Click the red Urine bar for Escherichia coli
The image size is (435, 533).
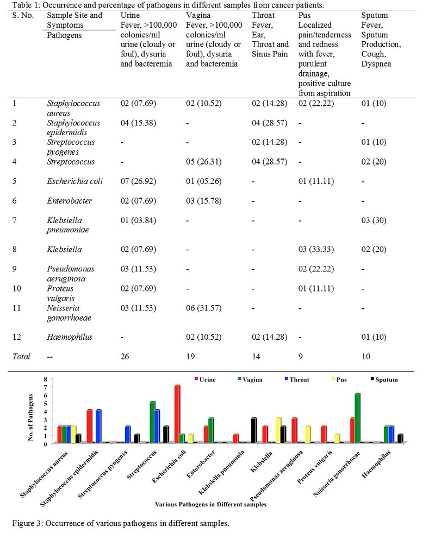coord(177,414)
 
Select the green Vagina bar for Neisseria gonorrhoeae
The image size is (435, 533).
coord(357,418)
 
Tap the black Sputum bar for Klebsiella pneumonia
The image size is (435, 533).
coord(254,430)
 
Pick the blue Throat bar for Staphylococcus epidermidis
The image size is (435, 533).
coord(98,426)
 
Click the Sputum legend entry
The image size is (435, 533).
coord(384,379)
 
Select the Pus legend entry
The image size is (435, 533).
coord(339,379)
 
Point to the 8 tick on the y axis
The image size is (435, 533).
coord(45,379)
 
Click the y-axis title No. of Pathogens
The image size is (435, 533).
coord(30,417)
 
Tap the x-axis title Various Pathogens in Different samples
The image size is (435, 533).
coord(210,504)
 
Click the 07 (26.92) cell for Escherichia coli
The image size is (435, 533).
coord(138,181)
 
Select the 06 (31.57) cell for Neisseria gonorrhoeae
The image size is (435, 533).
coord(204,308)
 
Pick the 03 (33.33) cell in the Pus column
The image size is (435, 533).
coord(316,249)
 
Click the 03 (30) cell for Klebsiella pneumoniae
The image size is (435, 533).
coord(374,220)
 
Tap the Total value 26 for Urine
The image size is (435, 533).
coord(125,356)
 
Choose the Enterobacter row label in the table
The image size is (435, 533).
coord(70,201)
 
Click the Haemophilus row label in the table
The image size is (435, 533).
coord(70,337)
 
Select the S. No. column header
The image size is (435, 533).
coord(23,15)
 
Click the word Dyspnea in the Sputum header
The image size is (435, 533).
coord(376,64)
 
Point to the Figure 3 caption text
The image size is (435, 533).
coord(121,523)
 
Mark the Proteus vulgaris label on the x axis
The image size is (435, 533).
coord(315,467)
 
